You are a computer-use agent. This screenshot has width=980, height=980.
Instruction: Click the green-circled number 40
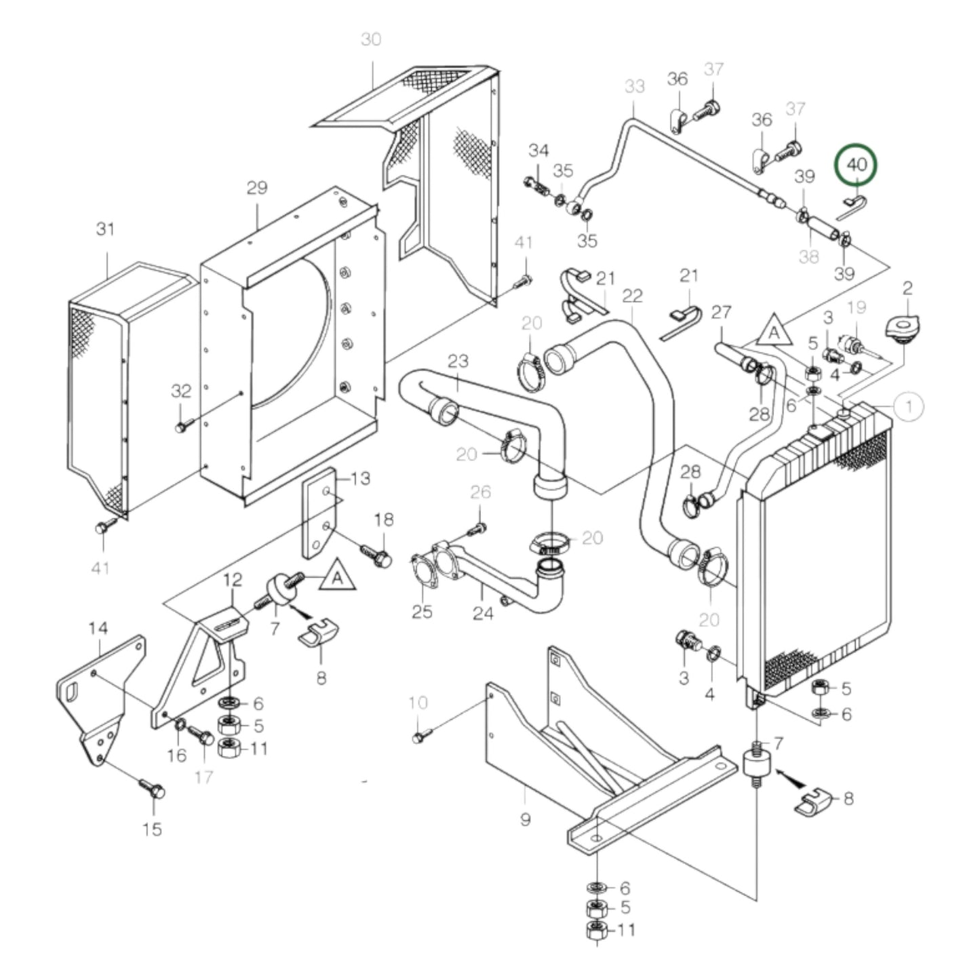[856, 164]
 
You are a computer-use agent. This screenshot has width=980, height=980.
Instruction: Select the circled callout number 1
[908, 406]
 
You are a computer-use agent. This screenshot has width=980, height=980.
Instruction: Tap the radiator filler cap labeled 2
[902, 330]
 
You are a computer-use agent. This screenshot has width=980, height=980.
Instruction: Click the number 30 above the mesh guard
[371, 39]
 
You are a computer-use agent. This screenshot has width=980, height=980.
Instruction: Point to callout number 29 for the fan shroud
[257, 188]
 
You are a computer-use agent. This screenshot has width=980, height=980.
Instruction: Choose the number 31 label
[105, 229]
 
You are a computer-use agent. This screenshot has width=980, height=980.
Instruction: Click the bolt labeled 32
[181, 427]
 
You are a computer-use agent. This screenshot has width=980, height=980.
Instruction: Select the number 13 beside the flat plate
[361, 478]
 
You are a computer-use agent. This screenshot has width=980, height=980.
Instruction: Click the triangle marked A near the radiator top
[774, 332]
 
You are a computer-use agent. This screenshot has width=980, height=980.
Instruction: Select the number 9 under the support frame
[525, 819]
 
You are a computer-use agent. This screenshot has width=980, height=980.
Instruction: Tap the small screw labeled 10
[418, 737]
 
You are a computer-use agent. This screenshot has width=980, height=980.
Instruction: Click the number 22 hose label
[631, 296]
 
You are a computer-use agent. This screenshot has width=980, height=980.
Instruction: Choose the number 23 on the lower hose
[458, 361]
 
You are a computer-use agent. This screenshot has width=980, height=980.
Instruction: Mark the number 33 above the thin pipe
[634, 87]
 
